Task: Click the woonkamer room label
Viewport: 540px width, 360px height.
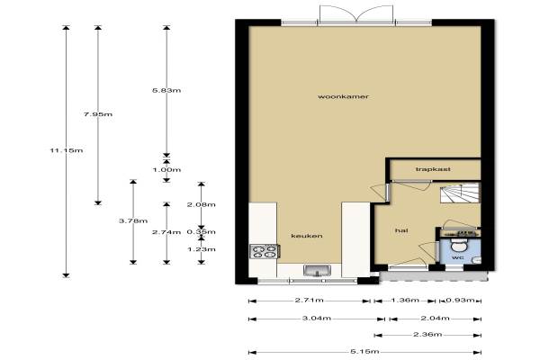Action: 343,96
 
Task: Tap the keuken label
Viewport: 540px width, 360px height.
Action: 307,236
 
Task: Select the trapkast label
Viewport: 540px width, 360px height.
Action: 433,169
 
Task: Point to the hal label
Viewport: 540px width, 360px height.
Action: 401,230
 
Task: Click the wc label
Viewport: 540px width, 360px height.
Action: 458,257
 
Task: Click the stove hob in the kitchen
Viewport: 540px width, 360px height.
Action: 265,251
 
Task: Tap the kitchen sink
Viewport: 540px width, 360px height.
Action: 317,270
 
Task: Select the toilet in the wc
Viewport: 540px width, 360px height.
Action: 458,245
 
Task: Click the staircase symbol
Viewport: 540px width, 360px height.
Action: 460,193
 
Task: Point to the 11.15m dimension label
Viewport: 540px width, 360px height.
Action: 67,150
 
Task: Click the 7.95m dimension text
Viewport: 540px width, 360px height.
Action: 98,114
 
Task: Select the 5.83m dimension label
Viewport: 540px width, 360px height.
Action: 166,90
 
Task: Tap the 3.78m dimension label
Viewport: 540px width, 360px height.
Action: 133,220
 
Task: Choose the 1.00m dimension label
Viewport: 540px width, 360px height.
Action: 166,169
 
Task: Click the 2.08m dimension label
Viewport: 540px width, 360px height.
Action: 202,204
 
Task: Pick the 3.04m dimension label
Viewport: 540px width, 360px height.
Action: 317,318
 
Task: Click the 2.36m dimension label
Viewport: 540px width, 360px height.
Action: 427,334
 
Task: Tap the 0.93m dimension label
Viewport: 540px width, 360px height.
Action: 461,300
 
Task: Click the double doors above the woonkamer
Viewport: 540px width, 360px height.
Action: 356,14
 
